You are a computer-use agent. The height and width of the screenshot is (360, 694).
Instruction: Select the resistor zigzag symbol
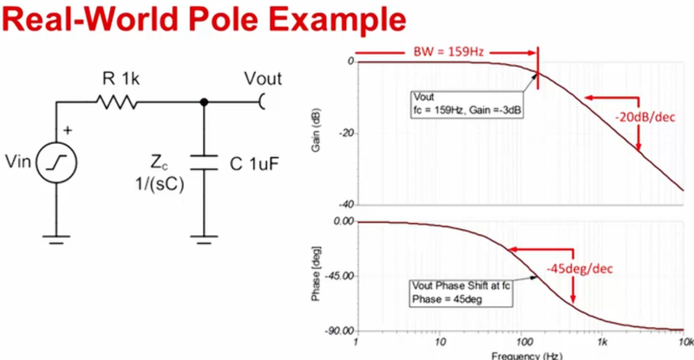pos(117,102)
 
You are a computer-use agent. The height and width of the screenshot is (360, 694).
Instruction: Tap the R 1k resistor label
pos(121,79)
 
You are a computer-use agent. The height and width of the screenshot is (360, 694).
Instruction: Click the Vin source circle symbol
pos(56,162)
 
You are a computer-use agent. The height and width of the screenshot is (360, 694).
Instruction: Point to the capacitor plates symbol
pos(204,162)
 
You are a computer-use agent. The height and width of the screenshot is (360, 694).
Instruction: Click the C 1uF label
pos(254,164)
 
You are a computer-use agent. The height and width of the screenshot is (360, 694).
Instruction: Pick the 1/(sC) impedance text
pos(160,184)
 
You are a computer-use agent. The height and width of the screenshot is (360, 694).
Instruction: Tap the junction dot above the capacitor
pos(204,102)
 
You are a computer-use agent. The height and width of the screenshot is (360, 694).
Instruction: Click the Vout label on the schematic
pos(263,78)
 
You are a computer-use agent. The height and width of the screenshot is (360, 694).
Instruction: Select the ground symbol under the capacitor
pos(204,239)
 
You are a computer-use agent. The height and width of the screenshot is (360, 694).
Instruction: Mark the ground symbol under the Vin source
pos(56,239)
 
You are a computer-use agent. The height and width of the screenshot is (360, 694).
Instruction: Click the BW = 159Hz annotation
pos(448,52)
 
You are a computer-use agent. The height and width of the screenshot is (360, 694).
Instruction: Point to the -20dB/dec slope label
pos(645,117)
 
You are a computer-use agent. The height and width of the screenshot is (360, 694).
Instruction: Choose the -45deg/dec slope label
pos(579,269)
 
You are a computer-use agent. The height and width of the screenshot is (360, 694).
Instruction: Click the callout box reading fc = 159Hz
pos(467,104)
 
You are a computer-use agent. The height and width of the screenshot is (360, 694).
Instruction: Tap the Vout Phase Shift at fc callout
pos(461,292)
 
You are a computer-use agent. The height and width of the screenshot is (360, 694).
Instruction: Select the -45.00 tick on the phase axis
pos(339,277)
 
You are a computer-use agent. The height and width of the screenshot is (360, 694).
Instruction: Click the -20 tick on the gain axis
pos(347,134)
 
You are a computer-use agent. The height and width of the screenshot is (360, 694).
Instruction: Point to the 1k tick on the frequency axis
pos(601,343)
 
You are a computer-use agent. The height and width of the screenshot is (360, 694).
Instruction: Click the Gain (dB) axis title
pos(316,130)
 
